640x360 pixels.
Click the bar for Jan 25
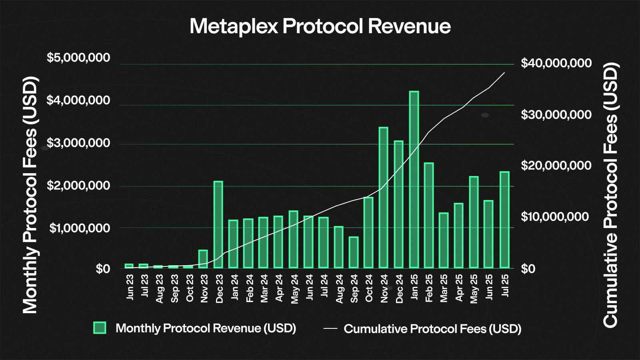coord(414,180)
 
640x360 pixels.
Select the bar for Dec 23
coord(218,225)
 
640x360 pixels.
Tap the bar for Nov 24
coord(384,198)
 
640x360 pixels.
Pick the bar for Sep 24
coord(354,252)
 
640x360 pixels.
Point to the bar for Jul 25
coord(504,220)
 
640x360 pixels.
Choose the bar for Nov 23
coord(203,259)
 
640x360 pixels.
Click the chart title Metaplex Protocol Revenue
coord(320,26)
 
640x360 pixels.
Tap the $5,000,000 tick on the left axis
coord(78,58)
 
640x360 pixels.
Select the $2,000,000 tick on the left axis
coord(78,186)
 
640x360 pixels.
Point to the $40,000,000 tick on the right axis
coord(556,63)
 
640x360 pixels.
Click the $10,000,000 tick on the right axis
coord(555,217)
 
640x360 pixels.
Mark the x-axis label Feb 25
coord(429,288)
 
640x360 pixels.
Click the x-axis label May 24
coord(294,289)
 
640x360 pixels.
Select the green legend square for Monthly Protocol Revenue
coord(100,328)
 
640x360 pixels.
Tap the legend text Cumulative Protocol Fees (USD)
coord(432,329)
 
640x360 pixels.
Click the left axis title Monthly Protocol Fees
coord(30,195)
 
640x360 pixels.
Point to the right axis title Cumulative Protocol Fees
coord(611,195)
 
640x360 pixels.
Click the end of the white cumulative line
coord(504,73)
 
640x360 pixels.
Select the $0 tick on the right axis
coord(528,269)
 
